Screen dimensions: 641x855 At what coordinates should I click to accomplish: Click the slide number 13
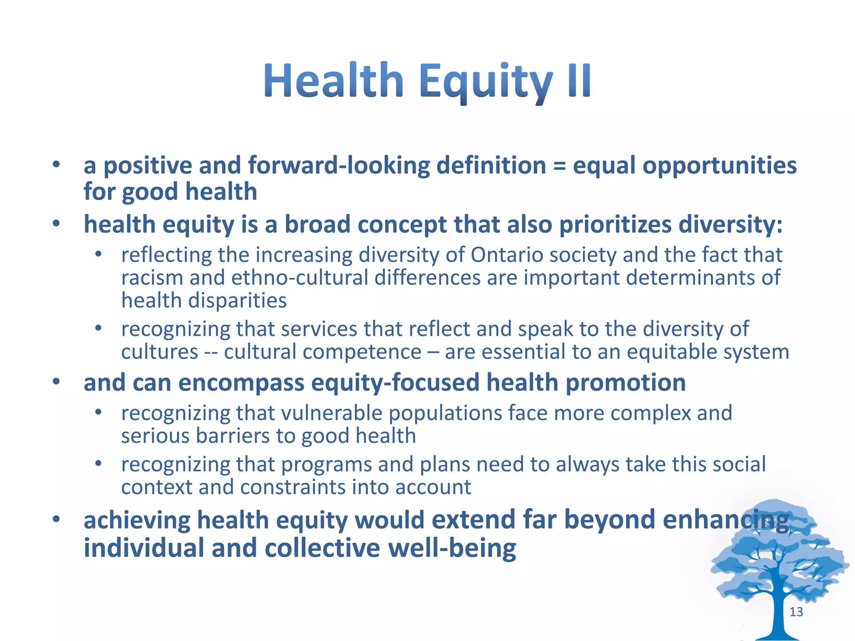click(796, 612)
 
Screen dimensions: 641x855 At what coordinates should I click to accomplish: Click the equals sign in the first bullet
click(559, 166)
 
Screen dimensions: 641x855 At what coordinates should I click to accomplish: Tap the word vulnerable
click(331, 413)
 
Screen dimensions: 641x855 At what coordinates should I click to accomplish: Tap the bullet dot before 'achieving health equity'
click(56, 520)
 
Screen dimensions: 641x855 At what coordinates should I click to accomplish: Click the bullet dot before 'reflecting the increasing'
click(98, 254)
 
